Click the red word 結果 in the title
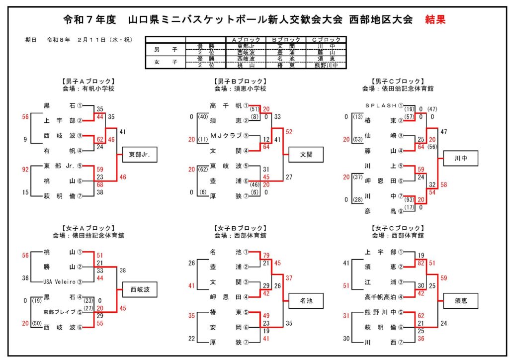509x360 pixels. tap(435, 20)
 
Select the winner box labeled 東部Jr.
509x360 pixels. tap(139, 155)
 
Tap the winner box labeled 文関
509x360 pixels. tap(306, 155)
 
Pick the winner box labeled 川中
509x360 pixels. tap(461, 159)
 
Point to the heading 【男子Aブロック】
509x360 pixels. tap(88, 81)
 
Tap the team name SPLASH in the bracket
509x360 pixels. tap(381, 105)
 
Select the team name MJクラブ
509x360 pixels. tap(226, 136)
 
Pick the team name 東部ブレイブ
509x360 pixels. tap(59, 312)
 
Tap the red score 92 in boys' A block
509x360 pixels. tap(25, 169)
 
